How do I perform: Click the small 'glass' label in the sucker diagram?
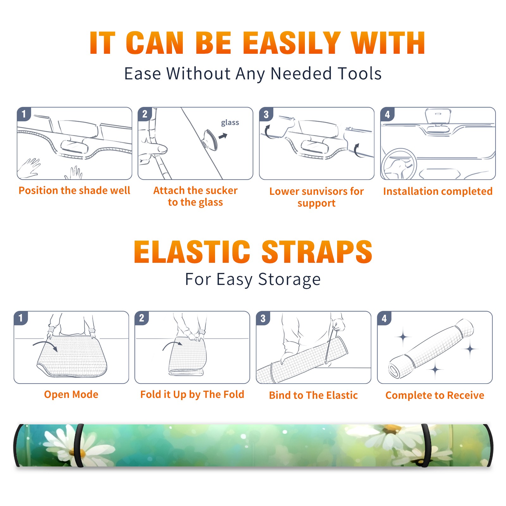pyautogui.click(x=230, y=123)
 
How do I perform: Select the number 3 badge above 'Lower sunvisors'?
pyautogui.click(x=266, y=114)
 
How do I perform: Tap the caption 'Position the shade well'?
pyautogui.click(x=74, y=190)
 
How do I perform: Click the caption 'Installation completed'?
pyautogui.click(x=438, y=191)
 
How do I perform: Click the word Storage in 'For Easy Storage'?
pyautogui.click(x=289, y=280)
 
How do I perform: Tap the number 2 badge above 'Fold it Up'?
pyautogui.click(x=141, y=318)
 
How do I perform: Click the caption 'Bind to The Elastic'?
pyautogui.click(x=313, y=395)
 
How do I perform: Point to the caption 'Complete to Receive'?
pyautogui.click(x=435, y=395)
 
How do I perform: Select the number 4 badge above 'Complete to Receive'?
pyautogui.click(x=384, y=318)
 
